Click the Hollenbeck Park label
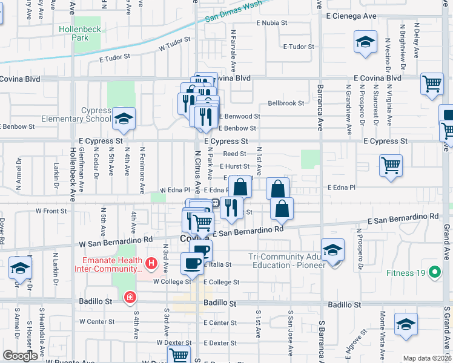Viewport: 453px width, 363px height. [73, 33]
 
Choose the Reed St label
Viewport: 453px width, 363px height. [234, 154]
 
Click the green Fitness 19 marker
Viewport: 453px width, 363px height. [434, 272]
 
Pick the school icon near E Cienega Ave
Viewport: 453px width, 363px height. [365, 42]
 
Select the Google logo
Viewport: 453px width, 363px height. [20, 356]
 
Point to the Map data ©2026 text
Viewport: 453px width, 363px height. [426, 358]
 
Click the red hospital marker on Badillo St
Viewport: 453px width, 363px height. [130, 297]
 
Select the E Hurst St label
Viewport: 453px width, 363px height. [234, 166]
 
